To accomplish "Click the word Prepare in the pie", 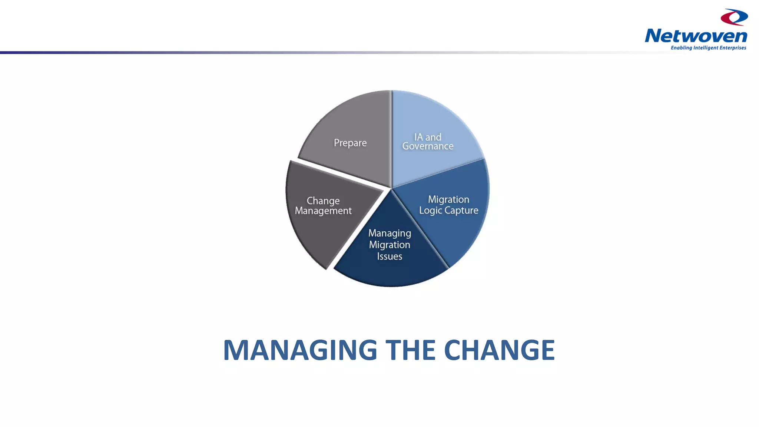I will coord(350,143).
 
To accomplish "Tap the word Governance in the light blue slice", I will coord(428,146).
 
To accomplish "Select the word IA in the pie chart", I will coord(418,137).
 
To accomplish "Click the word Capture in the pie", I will coord(461,211).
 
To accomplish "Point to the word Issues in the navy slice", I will coord(390,256).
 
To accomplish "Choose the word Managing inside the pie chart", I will coord(390,234).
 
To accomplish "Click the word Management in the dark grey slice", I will coord(323,211).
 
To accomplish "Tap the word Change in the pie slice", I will coord(323,201).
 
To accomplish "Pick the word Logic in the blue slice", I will coord(431,211).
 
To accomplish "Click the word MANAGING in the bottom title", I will coord(300,350).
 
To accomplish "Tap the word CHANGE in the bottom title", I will coord(499,350).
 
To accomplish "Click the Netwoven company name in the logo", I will coord(696,36).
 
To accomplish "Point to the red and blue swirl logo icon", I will coord(734,17).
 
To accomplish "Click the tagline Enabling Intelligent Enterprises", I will coord(708,48).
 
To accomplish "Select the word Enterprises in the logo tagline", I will coord(733,48).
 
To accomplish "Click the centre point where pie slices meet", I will coord(391,188).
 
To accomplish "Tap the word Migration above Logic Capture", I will coord(448,200).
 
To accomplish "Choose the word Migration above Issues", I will coord(390,245).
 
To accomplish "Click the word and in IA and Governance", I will coord(433,137).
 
